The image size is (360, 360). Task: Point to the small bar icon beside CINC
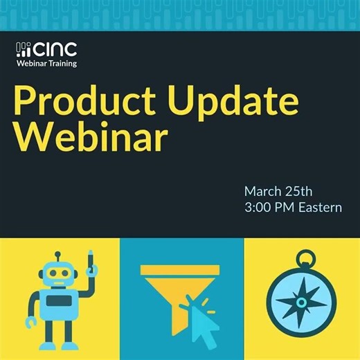24,50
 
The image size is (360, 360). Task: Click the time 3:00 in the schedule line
262,207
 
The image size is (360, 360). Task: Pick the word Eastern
319,207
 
